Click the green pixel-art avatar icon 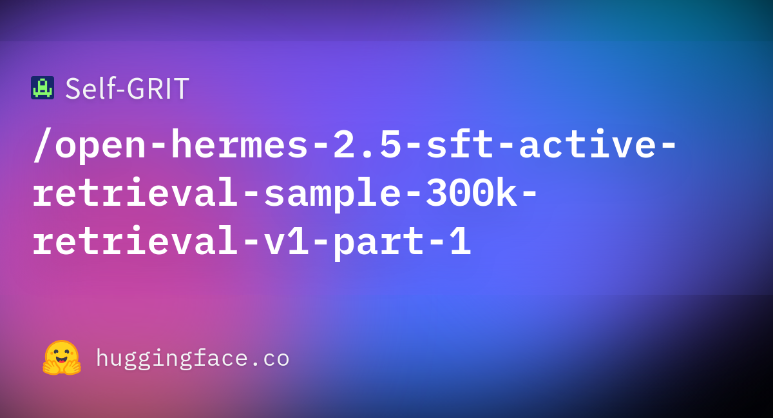(x=43, y=88)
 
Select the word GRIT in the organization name (x=158, y=89)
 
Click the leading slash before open (x=42, y=144)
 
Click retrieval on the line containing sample (x=135, y=192)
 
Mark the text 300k (x=471, y=192)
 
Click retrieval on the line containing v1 (x=135, y=240)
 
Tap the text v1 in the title (x=286, y=241)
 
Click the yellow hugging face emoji (x=62, y=357)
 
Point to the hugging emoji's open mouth (x=61, y=360)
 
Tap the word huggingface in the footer (x=171, y=359)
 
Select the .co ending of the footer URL (x=270, y=359)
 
